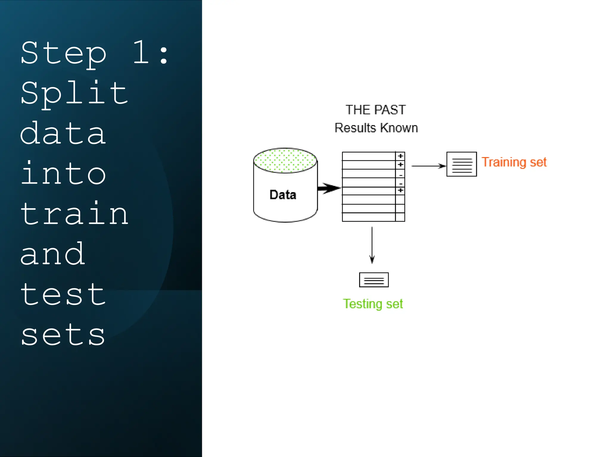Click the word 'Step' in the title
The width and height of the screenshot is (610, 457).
pyautogui.click(x=63, y=54)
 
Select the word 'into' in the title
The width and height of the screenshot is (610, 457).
pyautogui.click(x=63, y=174)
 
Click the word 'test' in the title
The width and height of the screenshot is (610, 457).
pyautogui.click(x=63, y=295)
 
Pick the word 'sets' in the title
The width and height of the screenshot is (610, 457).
pyautogui.click(x=63, y=335)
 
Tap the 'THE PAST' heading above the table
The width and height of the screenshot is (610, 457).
pyautogui.click(x=376, y=110)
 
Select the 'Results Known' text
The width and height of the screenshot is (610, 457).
pyautogui.click(x=376, y=128)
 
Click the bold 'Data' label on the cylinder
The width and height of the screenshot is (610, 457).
pyautogui.click(x=283, y=195)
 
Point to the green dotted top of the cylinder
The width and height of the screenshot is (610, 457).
pyautogui.click(x=285, y=160)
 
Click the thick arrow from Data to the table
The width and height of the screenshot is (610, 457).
pyautogui.click(x=329, y=188)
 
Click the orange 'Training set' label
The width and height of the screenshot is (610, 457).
pyautogui.click(x=514, y=162)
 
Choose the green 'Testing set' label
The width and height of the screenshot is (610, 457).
pyautogui.click(x=373, y=304)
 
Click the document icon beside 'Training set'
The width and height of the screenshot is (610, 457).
pyautogui.click(x=461, y=164)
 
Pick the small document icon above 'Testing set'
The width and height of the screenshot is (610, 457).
pyautogui.click(x=374, y=280)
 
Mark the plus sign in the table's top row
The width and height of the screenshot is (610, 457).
pyautogui.click(x=400, y=156)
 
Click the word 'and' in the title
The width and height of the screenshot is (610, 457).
pyautogui.click(x=53, y=254)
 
